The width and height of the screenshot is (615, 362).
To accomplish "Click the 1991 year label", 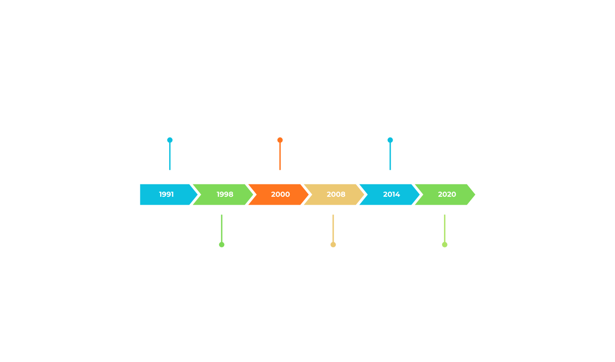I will [166, 194].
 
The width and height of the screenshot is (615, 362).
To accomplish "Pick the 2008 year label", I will [336, 194].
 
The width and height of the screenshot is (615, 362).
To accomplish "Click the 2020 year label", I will [447, 194].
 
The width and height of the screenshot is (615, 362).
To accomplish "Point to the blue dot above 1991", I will [170, 140].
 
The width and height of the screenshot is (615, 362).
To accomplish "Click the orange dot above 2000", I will [280, 140].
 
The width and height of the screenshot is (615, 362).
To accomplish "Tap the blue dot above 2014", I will [390, 140].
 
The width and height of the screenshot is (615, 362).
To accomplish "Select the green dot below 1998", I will [221, 245].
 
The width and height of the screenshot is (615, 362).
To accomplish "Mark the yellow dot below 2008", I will [333, 245].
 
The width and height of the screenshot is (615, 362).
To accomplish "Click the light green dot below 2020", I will [445, 245].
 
